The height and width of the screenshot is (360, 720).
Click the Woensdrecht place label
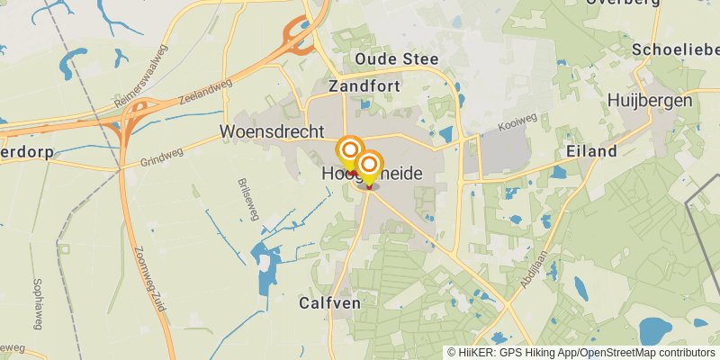coord(271,131)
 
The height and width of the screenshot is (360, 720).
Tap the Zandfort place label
coord(363,87)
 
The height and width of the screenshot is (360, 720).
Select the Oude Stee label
coord(396,59)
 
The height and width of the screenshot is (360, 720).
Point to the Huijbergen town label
coord(649,100)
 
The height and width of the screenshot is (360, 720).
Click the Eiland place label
coord(591,151)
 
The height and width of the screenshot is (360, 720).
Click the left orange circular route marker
coord(350,149)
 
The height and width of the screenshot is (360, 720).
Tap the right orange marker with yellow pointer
coord(368,165)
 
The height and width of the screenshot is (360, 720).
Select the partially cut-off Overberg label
coord(622,3)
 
